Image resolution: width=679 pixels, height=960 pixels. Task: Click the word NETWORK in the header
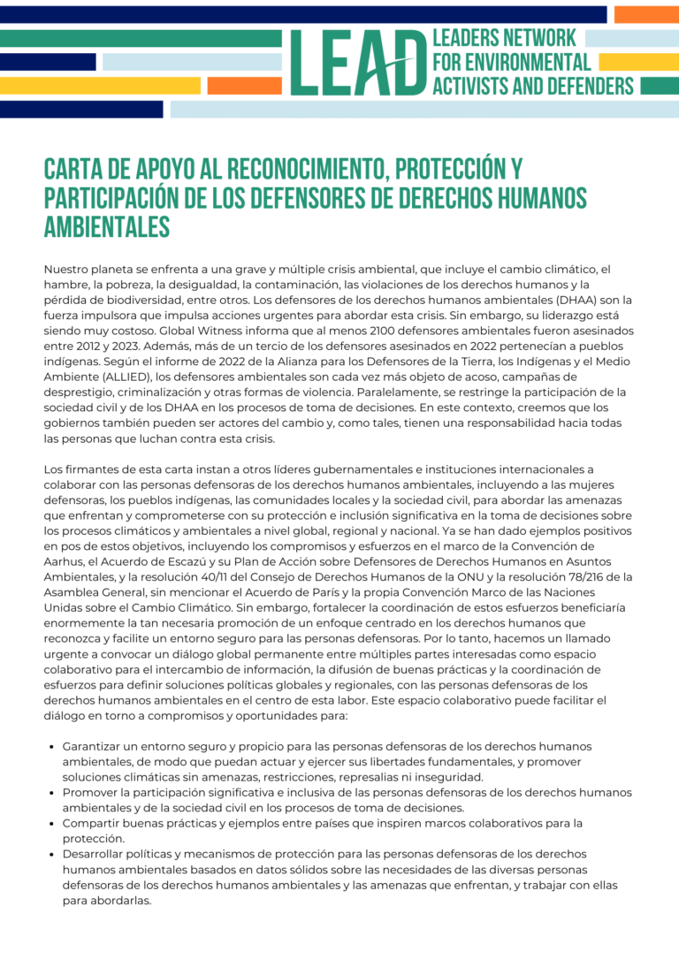click(x=538, y=38)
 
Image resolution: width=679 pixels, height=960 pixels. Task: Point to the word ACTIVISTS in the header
click(x=471, y=86)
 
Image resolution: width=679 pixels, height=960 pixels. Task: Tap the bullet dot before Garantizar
click(x=52, y=747)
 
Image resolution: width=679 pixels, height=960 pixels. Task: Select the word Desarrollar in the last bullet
click(x=98, y=854)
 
